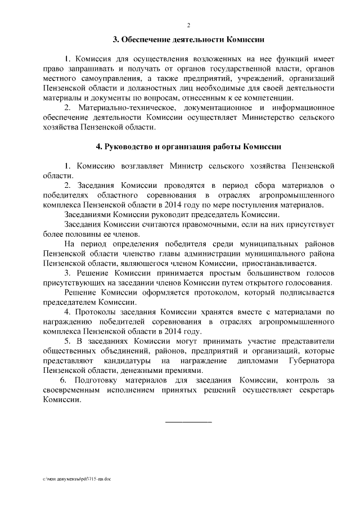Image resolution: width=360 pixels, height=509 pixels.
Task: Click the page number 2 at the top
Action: point(188,25)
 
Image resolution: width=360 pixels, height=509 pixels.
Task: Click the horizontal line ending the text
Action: point(188,421)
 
